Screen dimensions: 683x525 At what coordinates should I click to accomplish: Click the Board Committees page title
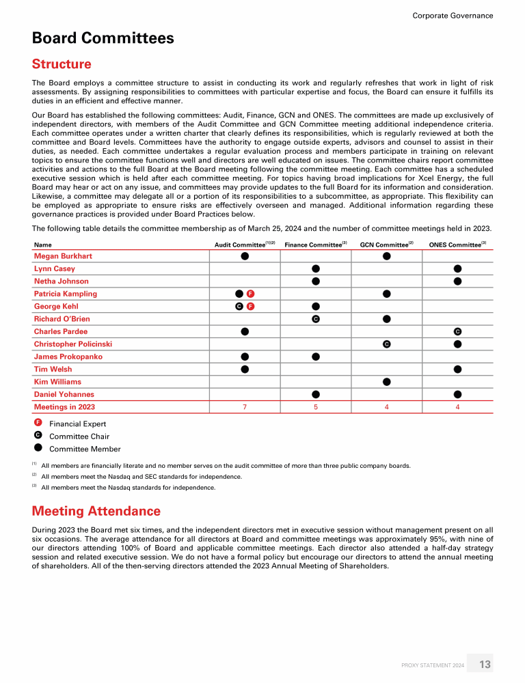(103, 38)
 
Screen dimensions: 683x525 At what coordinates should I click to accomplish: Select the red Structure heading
(62, 64)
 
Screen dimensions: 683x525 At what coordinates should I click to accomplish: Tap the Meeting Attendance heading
(96, 511)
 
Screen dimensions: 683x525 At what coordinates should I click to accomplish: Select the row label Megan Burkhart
(63, 256)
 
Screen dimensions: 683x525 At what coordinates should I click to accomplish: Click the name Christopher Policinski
(73, 344)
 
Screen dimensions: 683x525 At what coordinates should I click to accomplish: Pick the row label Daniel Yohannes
(64, 394)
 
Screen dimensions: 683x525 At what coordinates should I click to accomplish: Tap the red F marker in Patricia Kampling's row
(250, 294)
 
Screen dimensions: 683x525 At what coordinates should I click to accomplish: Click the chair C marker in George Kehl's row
(239, 307)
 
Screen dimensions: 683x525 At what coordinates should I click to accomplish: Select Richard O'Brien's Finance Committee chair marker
(316, 319)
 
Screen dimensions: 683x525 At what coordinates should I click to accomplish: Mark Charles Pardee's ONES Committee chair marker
(457, 331)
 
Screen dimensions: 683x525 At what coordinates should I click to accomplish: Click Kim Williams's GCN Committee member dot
(386, 382)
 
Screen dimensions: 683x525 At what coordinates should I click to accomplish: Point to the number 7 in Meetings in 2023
(245, 407)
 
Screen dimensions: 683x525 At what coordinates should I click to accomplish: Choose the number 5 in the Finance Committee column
(316, 407)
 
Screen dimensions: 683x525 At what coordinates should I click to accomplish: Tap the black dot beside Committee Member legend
(38, 449)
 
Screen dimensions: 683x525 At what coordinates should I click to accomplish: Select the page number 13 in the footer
(485, 665)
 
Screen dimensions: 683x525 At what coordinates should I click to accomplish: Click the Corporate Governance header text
(453, 16)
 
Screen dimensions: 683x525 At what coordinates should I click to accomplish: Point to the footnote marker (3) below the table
(34, 487)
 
